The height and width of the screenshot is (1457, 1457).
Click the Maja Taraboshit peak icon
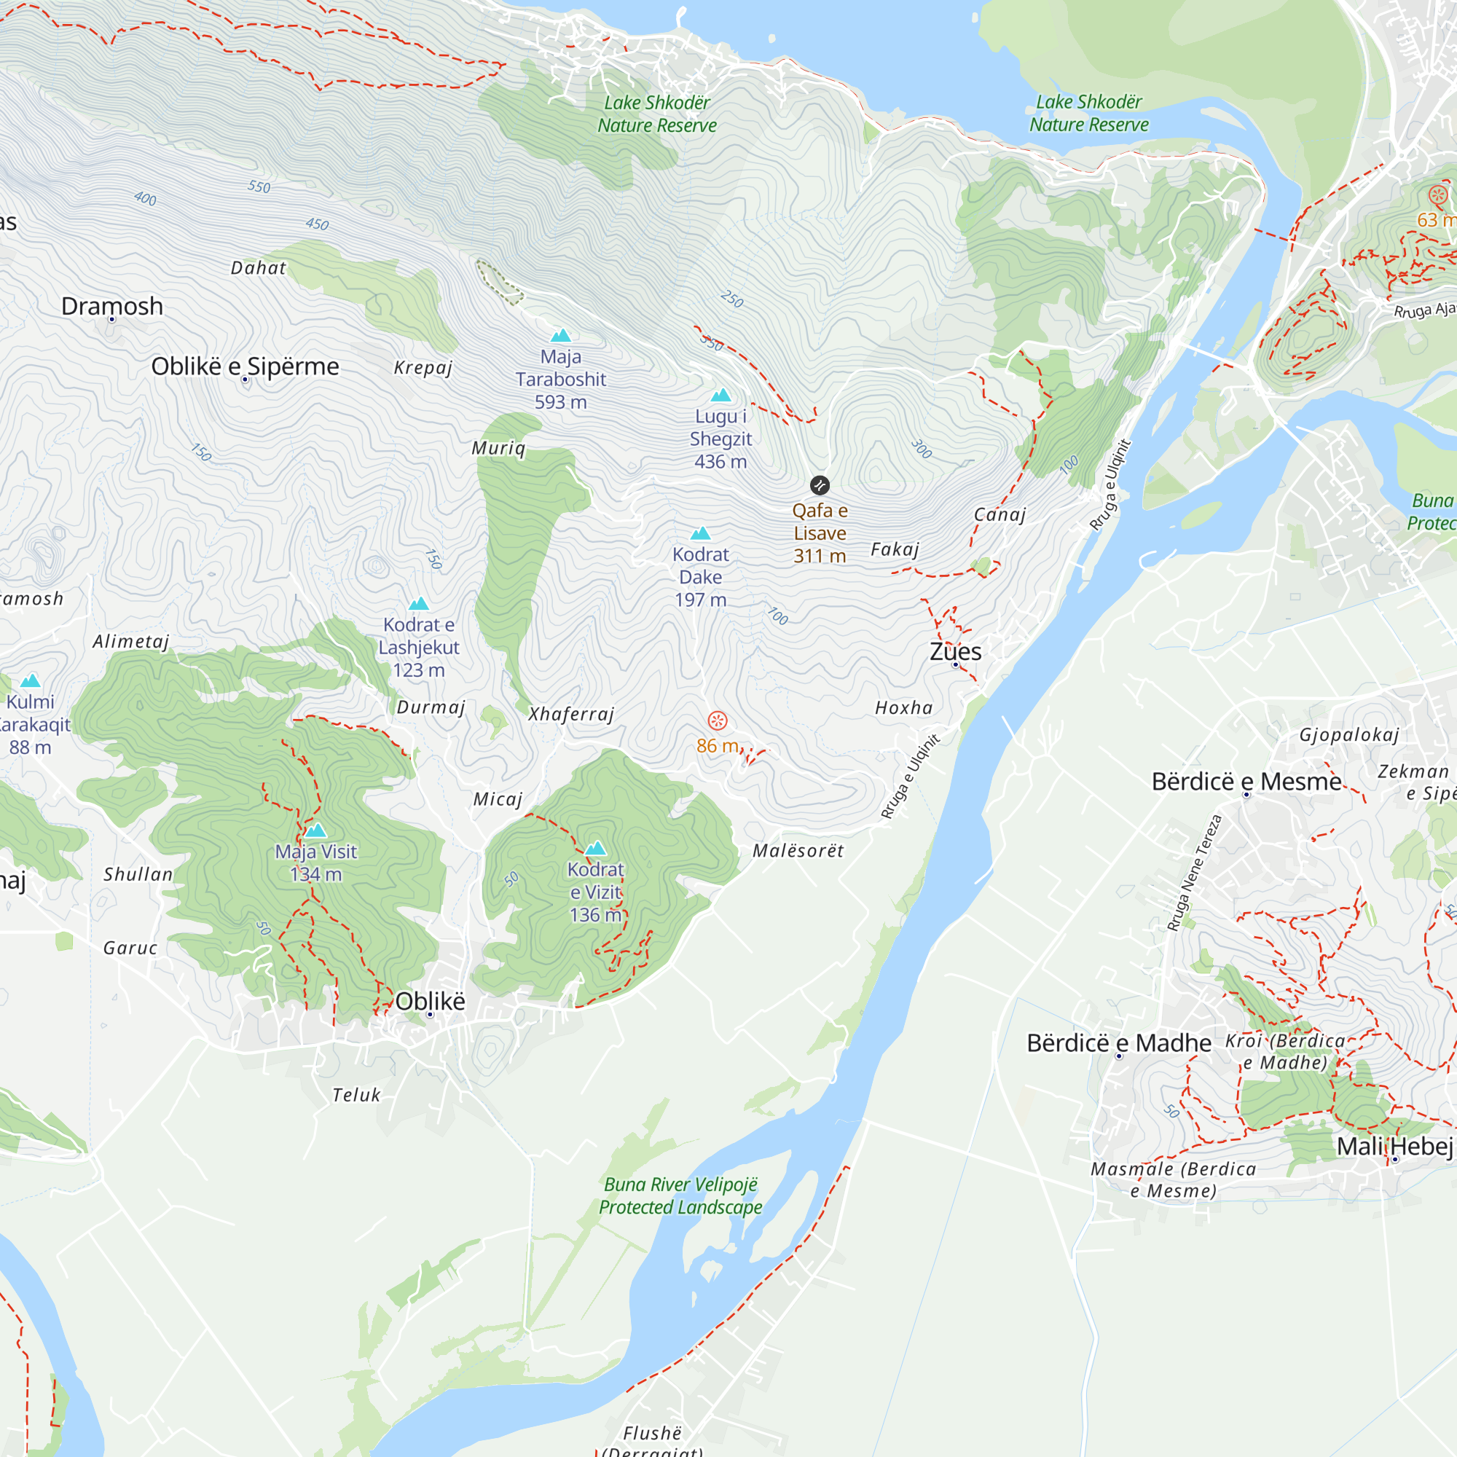pyautogui.click(x=560, y=336)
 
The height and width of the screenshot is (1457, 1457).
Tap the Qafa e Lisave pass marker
pyautogui.click(x=820, y=485)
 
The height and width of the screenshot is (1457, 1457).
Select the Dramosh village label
pyautogui.click(x=112, y=306)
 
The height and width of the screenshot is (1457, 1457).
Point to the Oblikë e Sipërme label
pyautogui.click(x=245, y=366)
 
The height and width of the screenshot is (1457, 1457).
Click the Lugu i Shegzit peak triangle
pyautogui.click(x=721, y=395)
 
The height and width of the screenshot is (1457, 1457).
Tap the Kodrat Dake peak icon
pyautogui.click(x=701, y=534)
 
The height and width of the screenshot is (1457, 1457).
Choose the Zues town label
pyautogui.click(x=956, y=651)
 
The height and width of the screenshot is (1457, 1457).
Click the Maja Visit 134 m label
pyautogui.click(x=316, y=863)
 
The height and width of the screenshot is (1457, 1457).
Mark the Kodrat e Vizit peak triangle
pyautogui.click(x=596, y=849)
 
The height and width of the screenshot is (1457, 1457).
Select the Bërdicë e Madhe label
pyautogui.click(x=1119, y=1043)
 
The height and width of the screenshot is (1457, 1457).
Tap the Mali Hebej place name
pyautogui.click(x=1394, y=1146)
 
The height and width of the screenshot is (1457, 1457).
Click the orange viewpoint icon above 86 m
pyautogui.click(x=717, y=721)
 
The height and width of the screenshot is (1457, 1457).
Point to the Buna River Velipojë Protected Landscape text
pyautogui.click(x=680, y=1196)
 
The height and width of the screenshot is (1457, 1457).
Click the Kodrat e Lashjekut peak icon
pyautogui.click(x=419, y=604)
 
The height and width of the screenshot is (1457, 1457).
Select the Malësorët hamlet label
pyautogui.click(x=798, y=851)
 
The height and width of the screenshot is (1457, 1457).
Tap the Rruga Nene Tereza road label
pyautogui.click(x=1194, y=873)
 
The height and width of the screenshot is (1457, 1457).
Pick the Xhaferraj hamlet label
pyautogui.click(x=572, y=714)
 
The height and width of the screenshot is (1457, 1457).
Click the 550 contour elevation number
pyautogui.click(x=259, y=186)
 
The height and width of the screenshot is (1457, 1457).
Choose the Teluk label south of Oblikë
pyautogui.click(x=357, y=1095)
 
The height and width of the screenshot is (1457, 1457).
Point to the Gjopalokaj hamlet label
pyautogui.click(x=1349, y=734)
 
